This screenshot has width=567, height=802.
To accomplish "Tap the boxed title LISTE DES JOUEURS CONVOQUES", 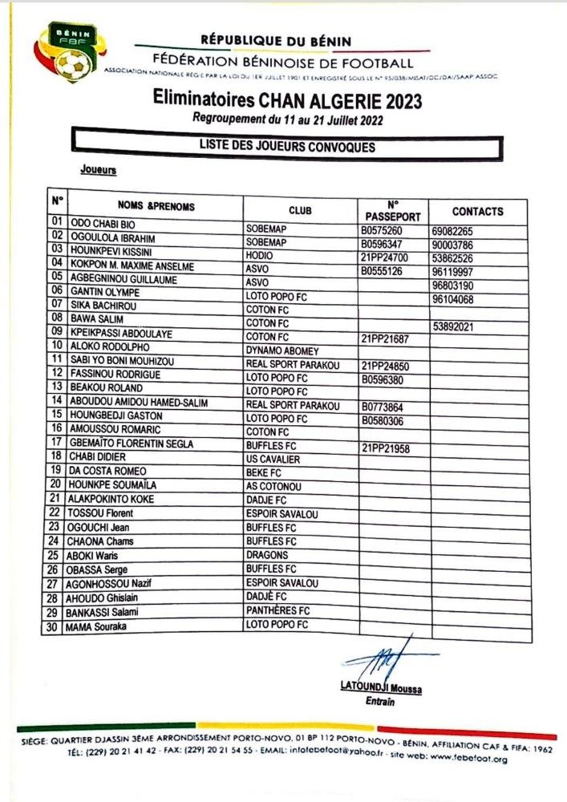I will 286,147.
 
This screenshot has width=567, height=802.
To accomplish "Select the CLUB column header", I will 300,210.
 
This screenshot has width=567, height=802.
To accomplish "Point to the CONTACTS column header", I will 477,212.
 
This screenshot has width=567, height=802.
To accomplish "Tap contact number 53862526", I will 453,257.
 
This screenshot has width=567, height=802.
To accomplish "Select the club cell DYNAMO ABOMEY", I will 281,350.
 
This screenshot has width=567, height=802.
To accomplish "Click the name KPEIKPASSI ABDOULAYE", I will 121,333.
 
